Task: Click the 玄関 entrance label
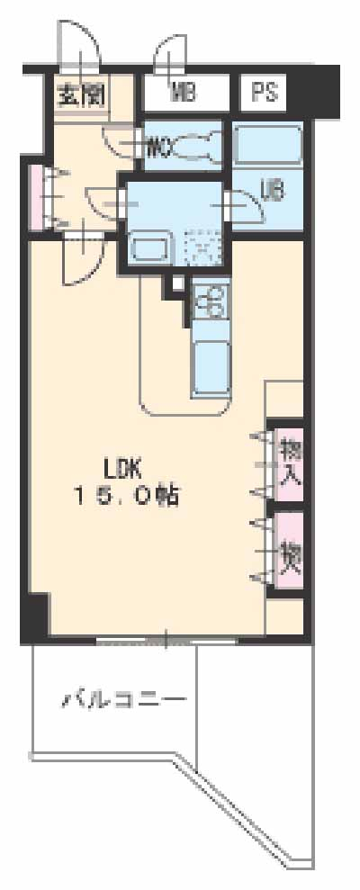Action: (82, 94)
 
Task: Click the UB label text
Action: (272, 190)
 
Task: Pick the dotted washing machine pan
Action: (202, 244)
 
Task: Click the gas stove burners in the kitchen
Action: (211, 301)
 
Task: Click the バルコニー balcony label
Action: (124, 698)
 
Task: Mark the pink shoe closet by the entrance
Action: (37, 196)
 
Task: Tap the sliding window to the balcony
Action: (166, 641)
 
